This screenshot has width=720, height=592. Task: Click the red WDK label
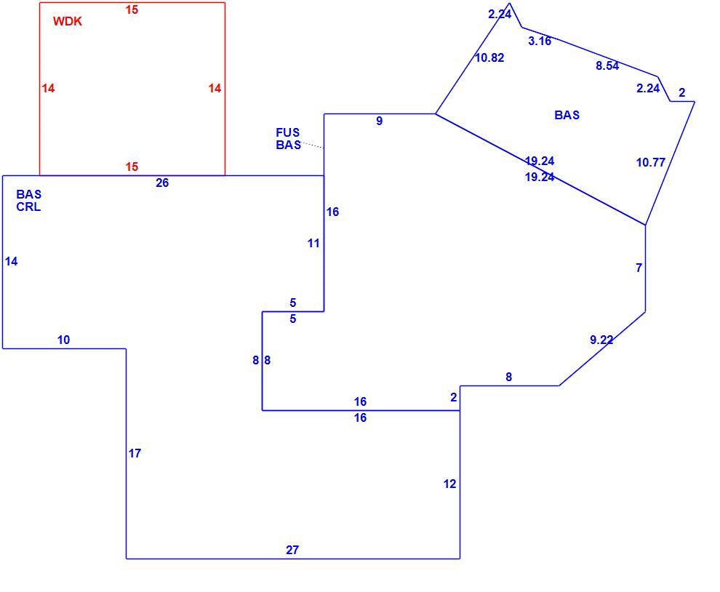coord(68,22)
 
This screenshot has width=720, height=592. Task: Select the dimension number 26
coord(162,183)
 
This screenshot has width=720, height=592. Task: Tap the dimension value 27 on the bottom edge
coord(292,550)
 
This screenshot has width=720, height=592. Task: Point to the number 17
coord(135,453)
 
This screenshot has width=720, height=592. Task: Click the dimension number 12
coord(450,484)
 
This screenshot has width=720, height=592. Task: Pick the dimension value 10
coord(63,340)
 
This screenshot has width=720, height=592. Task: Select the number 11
coord(313,244)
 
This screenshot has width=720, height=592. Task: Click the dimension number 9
coord(380,121)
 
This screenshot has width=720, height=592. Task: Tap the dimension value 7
coord(639,268)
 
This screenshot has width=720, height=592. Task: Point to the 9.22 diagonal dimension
coord(601,340)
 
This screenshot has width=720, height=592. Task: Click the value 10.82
coord(489,58)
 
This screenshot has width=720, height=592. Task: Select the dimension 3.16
coord(540,41)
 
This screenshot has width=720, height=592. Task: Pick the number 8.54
coord(607,66)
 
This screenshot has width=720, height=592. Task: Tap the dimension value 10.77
coord(651,163)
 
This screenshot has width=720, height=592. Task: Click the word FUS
coord(288,133)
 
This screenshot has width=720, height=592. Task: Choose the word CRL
coord(28,207)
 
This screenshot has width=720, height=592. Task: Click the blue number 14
coord(12,262)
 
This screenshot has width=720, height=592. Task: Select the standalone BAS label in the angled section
coord(567,116)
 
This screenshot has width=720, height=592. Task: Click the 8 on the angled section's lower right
coord(509,377)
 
